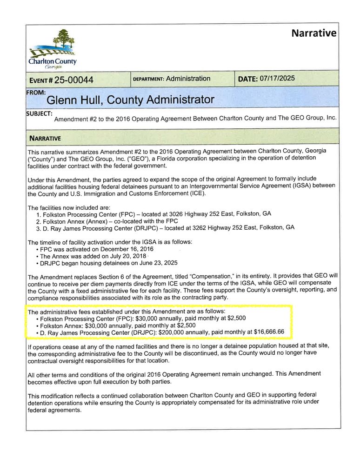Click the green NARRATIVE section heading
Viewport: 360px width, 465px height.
[x=45, y=138]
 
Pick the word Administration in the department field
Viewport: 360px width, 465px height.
[x=188, y=79]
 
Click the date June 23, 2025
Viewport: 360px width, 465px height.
[x=157, y=263]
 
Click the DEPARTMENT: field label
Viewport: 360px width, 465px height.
[x=148, y=79]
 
